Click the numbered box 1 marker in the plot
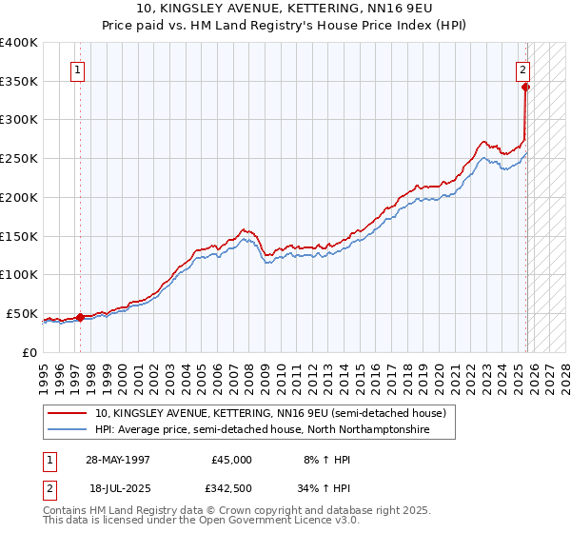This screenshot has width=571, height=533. [x=76, y=69]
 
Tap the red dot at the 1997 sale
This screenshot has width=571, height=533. [x=81, y=318]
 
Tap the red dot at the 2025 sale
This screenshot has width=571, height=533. [x=526, y=87]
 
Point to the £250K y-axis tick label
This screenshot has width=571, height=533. [x=19, y=159]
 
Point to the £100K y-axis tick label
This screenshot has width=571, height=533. [x=19, y=275]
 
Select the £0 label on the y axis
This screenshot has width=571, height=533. [x=29, y=352]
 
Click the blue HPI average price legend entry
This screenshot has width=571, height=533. [x=262, y=430]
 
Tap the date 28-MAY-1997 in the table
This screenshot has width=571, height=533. [x=117, y=459]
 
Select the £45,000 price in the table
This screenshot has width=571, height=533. [x=231, y=459]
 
